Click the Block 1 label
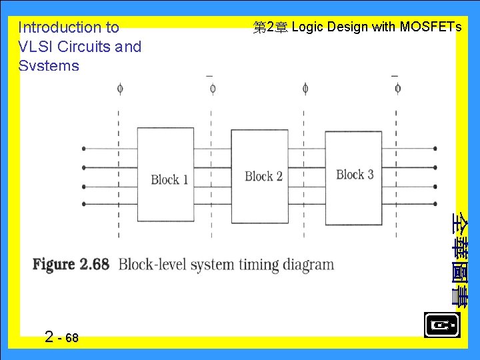tap(169, 179)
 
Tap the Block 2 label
tap(263, 177)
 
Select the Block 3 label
tap(355, 175)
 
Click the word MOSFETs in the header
tap(431, 27)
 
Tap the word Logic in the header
tap(307, 27)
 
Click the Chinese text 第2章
tap(270, 27)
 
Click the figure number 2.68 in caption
tap(94, 264)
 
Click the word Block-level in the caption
tap(153, 264)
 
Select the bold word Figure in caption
tap(54, 264)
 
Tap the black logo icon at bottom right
tap(441, 325)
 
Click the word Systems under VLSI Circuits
tap(49, 66)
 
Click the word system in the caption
tap(212, 265)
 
